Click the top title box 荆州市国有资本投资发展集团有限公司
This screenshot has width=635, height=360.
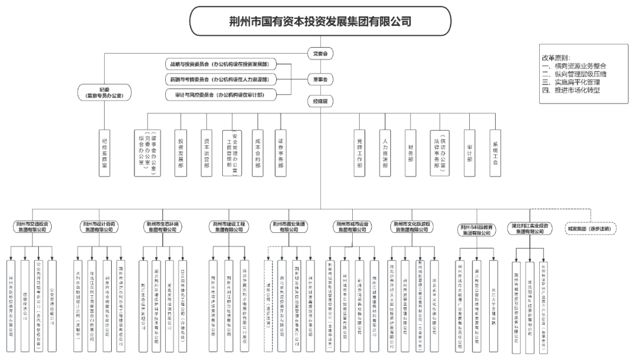[320, 22]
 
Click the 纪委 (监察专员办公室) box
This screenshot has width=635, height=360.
[104, 91]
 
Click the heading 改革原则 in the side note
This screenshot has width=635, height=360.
[559, 58]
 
